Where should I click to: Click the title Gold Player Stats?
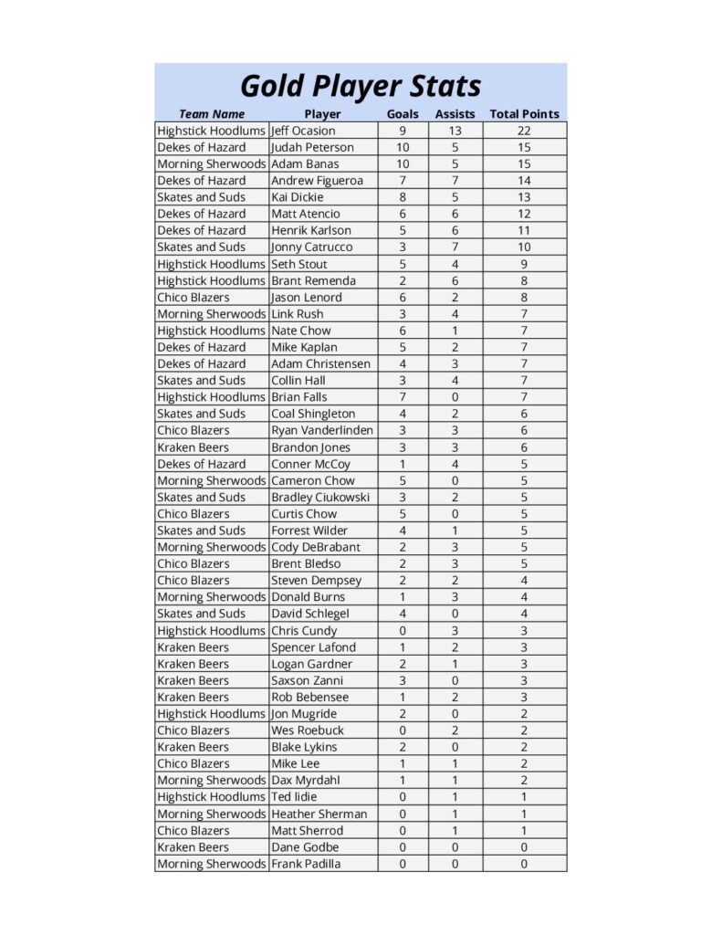tap(361, 86)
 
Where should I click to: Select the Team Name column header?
tap(212, 114)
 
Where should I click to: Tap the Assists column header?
tap(455, 114)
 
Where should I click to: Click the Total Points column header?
tap(524, 114)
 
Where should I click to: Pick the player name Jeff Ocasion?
tap(303, 131)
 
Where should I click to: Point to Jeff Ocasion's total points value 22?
tap(524, 131)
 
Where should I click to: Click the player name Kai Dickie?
tap(297, 197)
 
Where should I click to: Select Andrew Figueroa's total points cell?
tap(524, 181)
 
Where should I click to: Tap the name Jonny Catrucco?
tap(311, 247)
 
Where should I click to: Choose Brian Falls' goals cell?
tap(403, 397)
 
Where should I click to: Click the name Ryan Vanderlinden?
tap(321, 430)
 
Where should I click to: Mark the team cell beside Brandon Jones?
tap(194, 447)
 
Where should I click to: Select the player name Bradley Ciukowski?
tap(320, 498)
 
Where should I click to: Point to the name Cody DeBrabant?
tap(315, 547)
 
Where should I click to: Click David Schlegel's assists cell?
tap(455, 614)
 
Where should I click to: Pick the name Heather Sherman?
tap(319, 814)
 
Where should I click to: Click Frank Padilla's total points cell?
tap(524, 864)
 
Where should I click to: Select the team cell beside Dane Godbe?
tap(194, 847)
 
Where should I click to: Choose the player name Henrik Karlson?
tap(310, 230)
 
